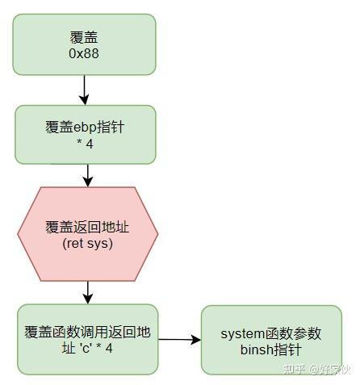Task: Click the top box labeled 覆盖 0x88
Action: point(84,44)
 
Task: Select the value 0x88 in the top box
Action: point(84,53)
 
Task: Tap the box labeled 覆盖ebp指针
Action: point(84,135)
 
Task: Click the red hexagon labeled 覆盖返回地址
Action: point(87,233)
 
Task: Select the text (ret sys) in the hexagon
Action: point(87,243)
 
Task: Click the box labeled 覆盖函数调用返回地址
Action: point(87,339)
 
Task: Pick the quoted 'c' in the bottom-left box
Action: point(88,349)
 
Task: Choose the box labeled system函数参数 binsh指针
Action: point(270,340)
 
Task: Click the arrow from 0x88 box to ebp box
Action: point(84,89)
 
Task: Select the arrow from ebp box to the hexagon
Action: point(88,174)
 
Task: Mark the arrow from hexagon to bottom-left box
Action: point(88,291)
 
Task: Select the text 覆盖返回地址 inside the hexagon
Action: point(87,226)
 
